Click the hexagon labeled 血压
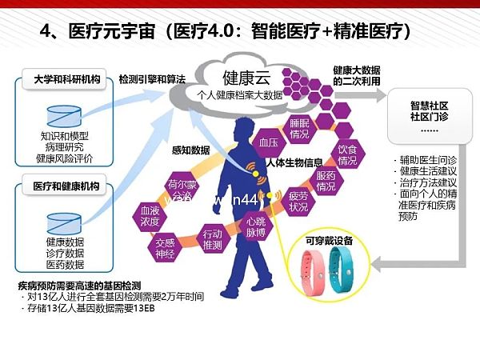tap(268, 141)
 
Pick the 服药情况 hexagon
tap(325, 181)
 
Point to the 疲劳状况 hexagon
tap(298, 201)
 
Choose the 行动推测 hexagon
tap(212, 239)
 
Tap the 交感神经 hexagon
tap(166, 244)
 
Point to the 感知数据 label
tap(190, 150)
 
